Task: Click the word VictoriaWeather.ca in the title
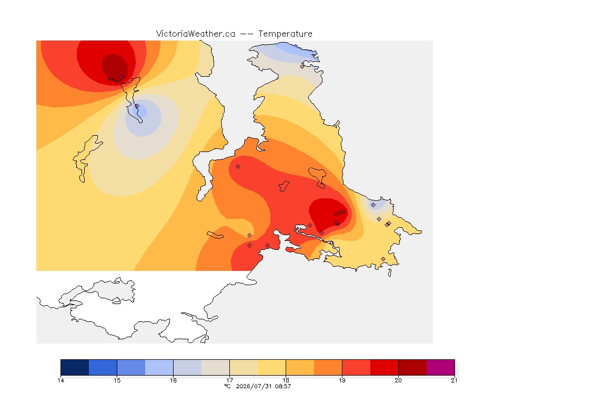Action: [x=196, y=34]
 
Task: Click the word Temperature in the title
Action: [x=285, y=34]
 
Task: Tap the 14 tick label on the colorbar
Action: [x=60, y=380]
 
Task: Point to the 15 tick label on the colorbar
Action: [x=117, y=380]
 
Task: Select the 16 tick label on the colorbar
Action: [x=173, y=380]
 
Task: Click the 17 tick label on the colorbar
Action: [x=229, y=380]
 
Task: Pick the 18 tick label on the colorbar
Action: [x=286, y=380]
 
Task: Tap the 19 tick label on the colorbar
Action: [x=342, y=380]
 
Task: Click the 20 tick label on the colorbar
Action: [x=398, y=380]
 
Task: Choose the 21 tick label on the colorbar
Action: [x=454, y=380]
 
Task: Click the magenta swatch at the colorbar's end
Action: [x=441, y=367]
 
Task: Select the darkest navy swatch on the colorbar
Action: [x=75, y=367]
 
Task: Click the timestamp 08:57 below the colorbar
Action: [x=283, y=386]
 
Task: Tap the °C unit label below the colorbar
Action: [x=227, y=386]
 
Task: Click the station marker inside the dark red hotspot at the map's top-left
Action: [x=121, y=77]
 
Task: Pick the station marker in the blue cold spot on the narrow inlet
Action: [x=137, y=106]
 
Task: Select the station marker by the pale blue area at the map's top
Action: [x=302, y=66]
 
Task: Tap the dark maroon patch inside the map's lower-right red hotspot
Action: [x=338, y=213]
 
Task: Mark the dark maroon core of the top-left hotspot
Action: [x=115, y=66]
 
